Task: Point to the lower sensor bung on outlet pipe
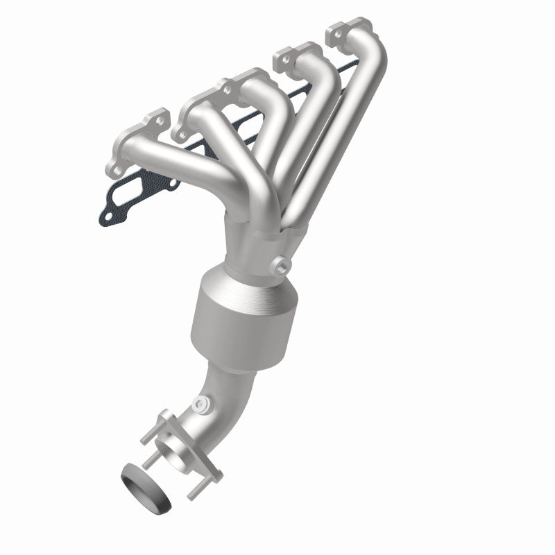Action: pyautogui.click(x=200, y=403)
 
